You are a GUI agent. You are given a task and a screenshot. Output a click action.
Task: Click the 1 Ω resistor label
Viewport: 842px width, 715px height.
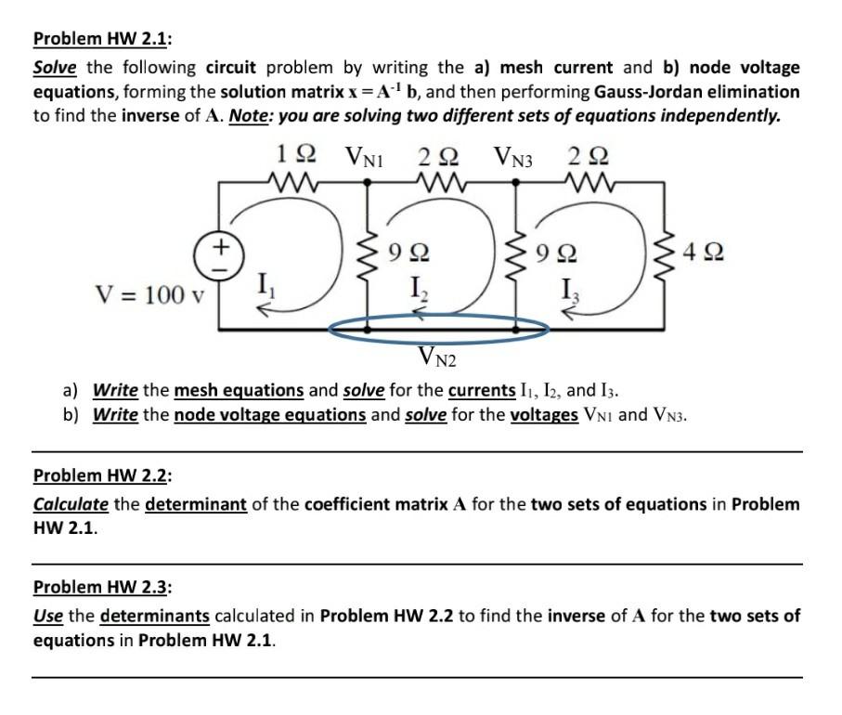(x=296, y=153)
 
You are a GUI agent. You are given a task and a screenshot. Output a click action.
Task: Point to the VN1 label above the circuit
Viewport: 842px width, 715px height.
(x=364, y=154)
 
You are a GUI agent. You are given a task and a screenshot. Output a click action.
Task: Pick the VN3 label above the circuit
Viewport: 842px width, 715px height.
(x=513, y=154)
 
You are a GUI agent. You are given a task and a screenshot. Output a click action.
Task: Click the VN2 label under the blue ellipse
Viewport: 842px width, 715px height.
(x=438, y=355)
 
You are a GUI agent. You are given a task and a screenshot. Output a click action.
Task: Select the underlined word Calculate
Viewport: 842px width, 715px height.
(x=71, y=504)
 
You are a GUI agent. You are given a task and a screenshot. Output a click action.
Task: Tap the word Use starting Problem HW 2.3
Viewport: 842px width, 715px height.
(x=48, y=615)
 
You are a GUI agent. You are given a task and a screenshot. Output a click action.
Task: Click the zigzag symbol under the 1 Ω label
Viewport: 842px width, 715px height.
(x=294, y=176)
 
